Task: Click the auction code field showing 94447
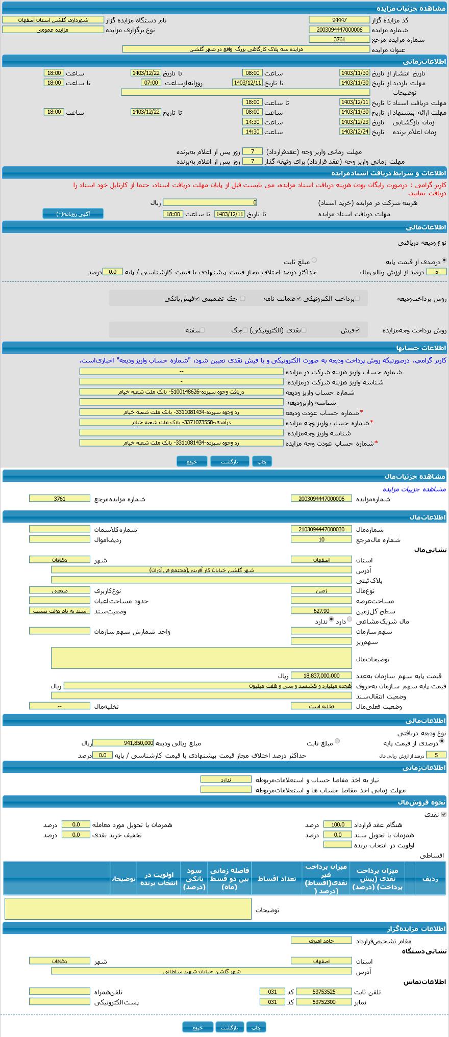coord(339,20)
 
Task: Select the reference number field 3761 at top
coord(339,39)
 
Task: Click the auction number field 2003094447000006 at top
coord(339,30)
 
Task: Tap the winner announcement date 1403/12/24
coord(354,132)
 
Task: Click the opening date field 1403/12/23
coord(354,122)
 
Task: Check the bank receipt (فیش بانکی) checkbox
coord(197,299)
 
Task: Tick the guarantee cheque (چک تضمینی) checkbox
coord(242,299)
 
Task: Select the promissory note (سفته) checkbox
coord(202,330)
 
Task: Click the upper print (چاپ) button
coord(262,461)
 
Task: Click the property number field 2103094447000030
coord(321,530)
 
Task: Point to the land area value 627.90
coord(321,611)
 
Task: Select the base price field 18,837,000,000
coord(321,676)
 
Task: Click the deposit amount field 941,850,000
coord(122,743)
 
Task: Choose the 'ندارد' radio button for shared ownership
coord(331,620)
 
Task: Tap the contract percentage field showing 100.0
coord(337,824)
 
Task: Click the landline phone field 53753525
coord(323,992)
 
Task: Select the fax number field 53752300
coord(323,1002)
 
